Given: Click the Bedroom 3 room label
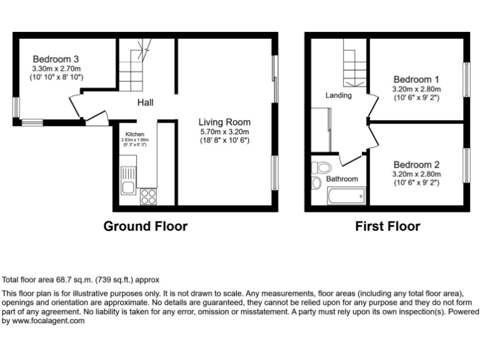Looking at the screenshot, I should (x=56, y=59).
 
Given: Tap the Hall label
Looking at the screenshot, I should (x=145, y=102).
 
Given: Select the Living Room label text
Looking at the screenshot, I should (x=224, y=122).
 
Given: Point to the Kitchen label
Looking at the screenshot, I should (x=135, y=134).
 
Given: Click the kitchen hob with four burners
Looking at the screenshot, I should (x=148, y=197).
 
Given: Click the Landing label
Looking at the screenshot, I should (x=338, y=96).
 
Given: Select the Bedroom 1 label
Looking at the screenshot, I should (x=416, y=80).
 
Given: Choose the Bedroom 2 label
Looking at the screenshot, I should (x=416, y=165).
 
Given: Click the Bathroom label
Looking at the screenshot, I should (x=343, y=179).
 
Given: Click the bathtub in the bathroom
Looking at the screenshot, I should (x=341, y=197).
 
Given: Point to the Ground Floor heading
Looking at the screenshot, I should (x=145, y=226).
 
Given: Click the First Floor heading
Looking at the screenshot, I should (x=387, y=226).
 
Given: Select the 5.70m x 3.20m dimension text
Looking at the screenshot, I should (x=224, y=132).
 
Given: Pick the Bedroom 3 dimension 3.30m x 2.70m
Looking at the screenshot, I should (x=56, y=68).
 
